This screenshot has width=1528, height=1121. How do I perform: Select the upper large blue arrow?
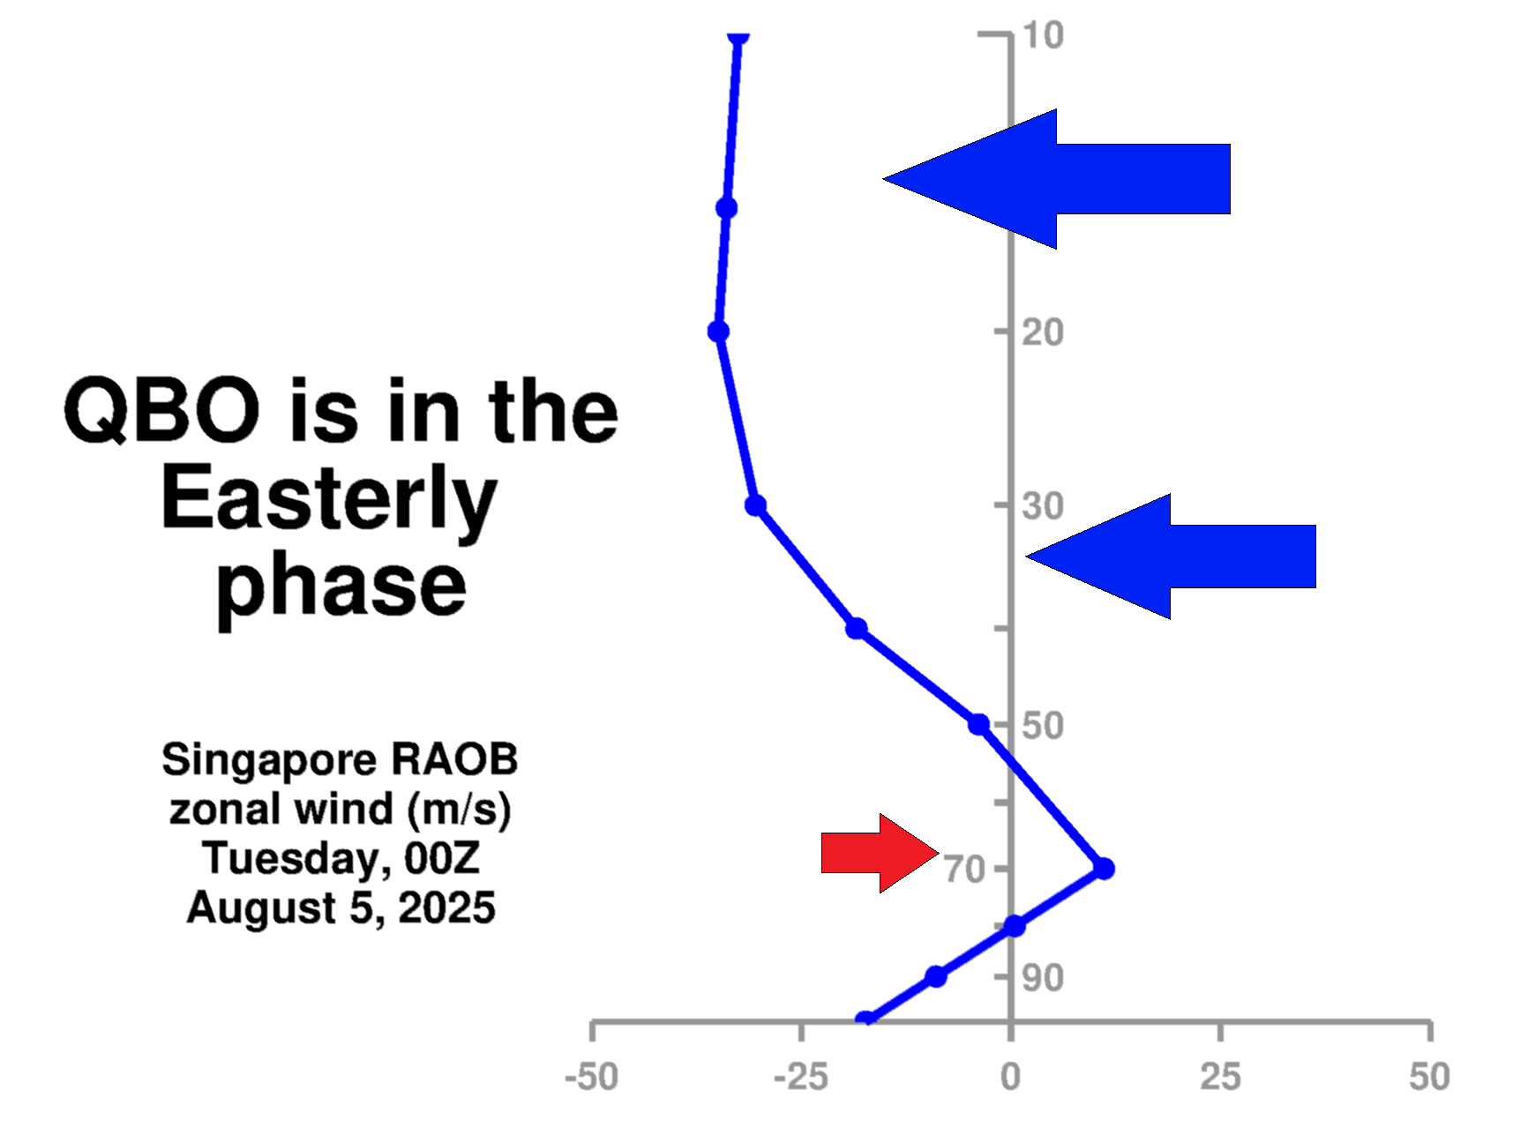(1076, 179)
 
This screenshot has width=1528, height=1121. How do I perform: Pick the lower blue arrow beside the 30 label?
(1182, 557)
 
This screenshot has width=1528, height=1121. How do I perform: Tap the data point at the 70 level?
(1104, 869)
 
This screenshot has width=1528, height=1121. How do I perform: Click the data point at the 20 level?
(719, 332)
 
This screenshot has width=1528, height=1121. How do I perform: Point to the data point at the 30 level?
(755, 505)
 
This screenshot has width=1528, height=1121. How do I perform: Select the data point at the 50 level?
(978, 724)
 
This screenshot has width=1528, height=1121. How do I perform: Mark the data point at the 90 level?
(936, 976)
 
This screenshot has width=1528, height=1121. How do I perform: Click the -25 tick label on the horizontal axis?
(800, 1077)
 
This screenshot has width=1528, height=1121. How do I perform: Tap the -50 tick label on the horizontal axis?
(591, 1077)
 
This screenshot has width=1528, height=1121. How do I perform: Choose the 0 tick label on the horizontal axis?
(1010, 1077)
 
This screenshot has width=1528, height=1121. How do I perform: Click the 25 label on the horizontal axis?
(1220, 1077)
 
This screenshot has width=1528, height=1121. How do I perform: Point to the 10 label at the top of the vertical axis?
(1044, 35)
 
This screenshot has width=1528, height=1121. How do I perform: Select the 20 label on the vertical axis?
(1043, 333)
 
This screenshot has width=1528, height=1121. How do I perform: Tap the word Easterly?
(328, 499)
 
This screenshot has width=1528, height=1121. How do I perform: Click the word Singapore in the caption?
(269, 759)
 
